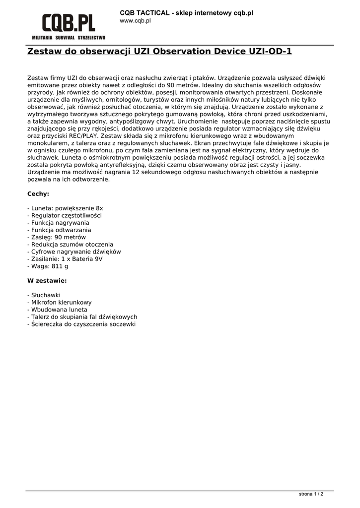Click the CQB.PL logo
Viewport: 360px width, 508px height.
pos(69,23)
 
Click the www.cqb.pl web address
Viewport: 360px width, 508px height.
pos(135,21)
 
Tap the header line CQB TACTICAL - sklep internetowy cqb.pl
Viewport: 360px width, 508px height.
pos(186,13)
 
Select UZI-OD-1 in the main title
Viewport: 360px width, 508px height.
pos(266,51)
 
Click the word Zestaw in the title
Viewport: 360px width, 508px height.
pos(45,51)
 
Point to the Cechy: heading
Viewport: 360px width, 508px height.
pos(38,193)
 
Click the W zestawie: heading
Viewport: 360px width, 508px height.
pos(47,280)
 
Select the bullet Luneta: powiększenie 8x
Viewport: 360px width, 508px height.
pos(65,208)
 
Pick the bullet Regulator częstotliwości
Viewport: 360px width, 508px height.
pos(65,216)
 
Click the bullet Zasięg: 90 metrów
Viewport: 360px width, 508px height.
pos(57,237)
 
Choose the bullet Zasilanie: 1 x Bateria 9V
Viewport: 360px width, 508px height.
pos(65,259)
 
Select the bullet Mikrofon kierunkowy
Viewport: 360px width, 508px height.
pos(60,302)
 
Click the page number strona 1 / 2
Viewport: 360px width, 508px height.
pos(311,494)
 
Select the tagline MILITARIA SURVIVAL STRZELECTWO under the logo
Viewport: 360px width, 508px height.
pos(69,38)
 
